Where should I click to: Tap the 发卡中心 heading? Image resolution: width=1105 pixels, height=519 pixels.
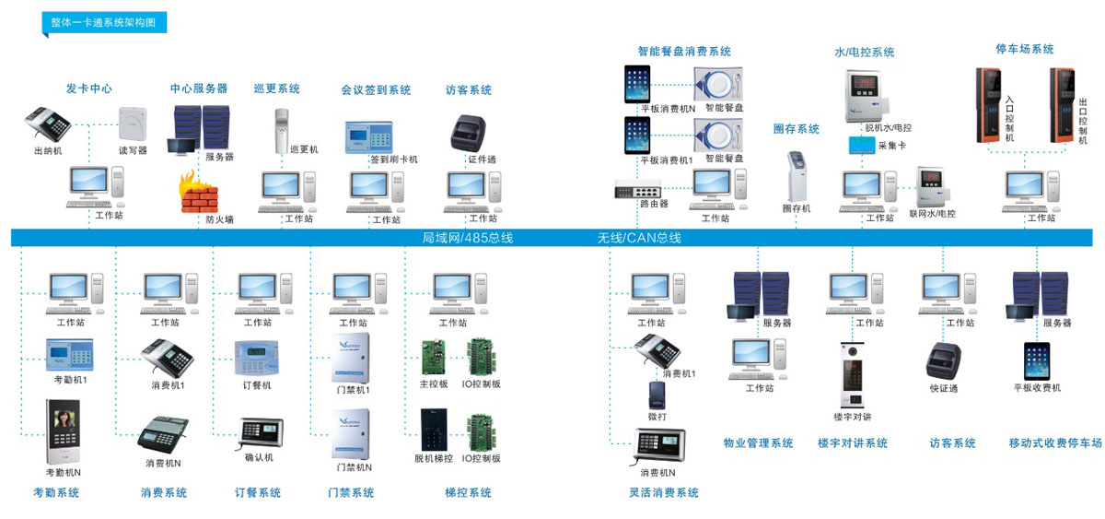[x=88, y=88]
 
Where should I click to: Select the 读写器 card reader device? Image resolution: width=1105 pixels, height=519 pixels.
[x=132, y=123]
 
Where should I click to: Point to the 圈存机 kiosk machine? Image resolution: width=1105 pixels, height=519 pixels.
[x=797, y=174]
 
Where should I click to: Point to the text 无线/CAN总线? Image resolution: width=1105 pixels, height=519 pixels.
[x=639, y=238]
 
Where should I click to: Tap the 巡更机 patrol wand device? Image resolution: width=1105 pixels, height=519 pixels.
[x=283, y=129]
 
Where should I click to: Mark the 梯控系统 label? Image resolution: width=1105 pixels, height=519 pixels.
[x=468, y=493]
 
